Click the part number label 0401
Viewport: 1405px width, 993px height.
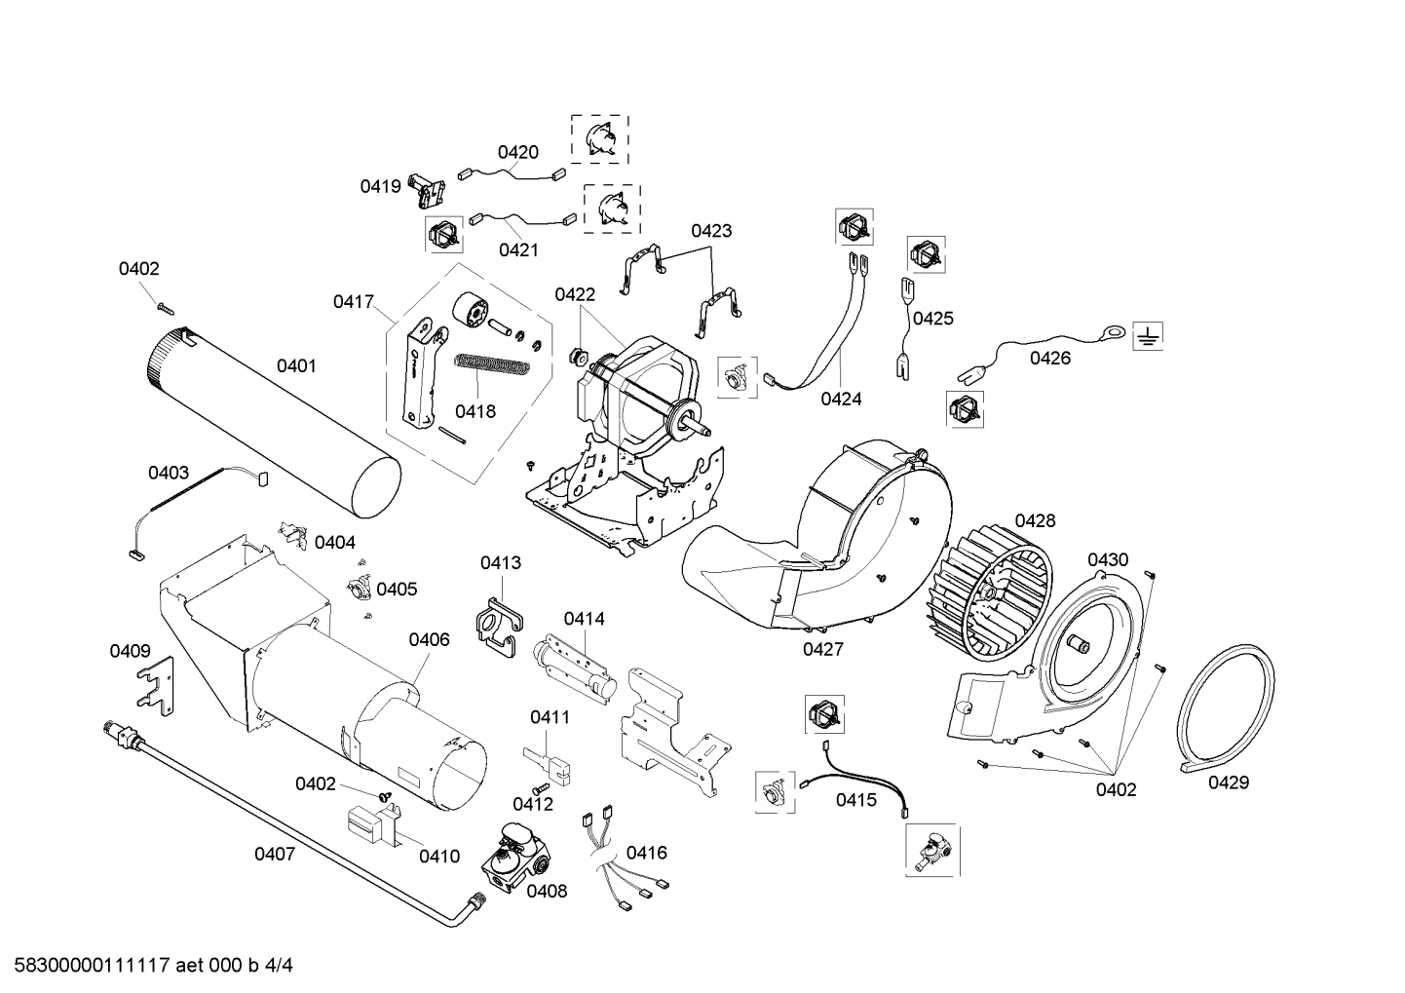296,365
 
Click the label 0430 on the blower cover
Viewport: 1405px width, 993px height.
1108,559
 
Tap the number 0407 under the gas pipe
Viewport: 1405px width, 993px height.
275,855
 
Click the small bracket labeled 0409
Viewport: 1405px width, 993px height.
156,683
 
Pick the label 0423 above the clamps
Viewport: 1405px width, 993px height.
711,231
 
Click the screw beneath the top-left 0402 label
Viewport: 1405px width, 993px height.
164,307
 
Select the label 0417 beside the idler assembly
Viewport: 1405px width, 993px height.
354,302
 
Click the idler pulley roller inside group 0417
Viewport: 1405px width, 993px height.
473,313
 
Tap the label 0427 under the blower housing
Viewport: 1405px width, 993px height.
823,649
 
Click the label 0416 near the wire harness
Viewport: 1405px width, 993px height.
647,853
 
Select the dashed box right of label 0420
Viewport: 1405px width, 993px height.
599,138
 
